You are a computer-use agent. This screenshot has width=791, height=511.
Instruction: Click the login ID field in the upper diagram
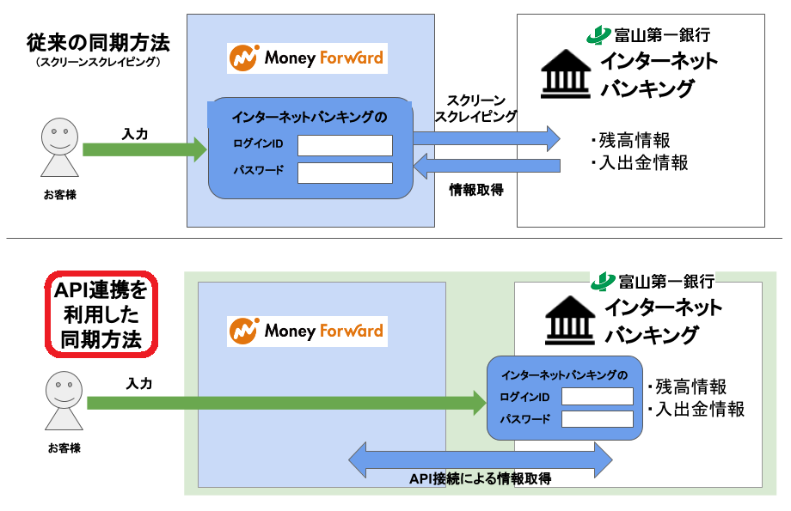point(345,145)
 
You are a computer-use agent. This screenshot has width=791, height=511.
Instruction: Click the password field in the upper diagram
point(345,173)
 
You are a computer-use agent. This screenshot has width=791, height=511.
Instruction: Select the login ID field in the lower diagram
point(597,396)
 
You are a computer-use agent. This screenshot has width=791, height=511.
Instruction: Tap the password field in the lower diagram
point(597,419)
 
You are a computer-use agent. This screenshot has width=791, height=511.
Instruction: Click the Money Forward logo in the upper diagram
point(307,58)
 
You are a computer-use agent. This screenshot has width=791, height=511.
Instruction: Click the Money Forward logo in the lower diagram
point(307,331)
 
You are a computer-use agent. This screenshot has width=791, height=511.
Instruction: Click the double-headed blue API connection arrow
point(481,459)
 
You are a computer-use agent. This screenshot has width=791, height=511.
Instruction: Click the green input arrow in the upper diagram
point(144,149)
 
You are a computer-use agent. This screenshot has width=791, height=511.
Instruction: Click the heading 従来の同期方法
point(98,41)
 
